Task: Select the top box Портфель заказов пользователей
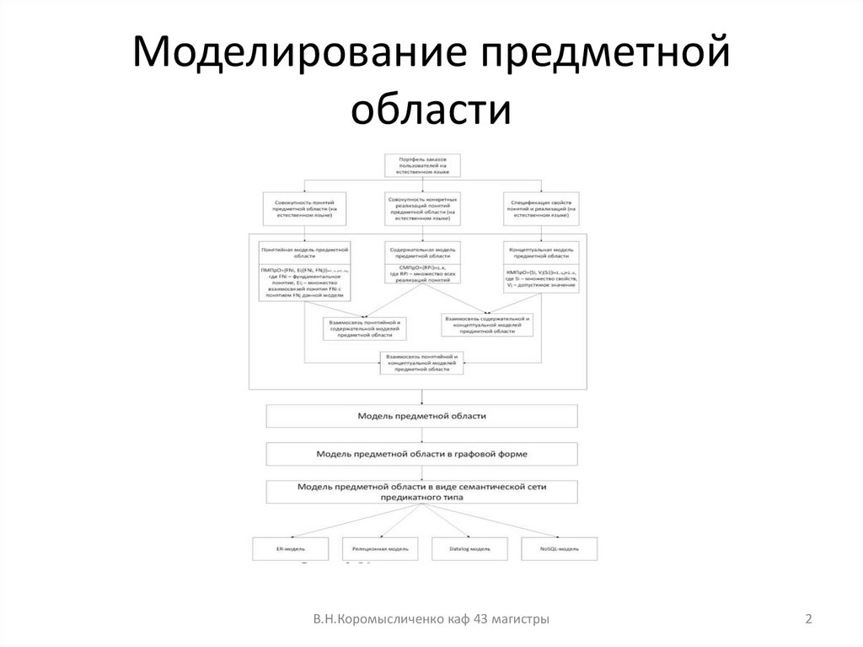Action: coord(422,164)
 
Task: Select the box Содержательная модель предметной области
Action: coord(422,263)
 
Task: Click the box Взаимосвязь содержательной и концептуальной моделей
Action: coord(487,325)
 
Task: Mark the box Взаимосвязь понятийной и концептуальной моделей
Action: coord(421,363)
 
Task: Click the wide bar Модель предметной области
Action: coord(421,417)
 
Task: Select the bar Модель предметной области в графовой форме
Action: coord(421,454)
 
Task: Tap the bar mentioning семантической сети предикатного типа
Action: coord(421,493)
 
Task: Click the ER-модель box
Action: coord(290,548)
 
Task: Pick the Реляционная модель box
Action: coord(380,548)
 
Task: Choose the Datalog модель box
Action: coord(469,548)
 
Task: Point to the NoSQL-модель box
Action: coord(559,548)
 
